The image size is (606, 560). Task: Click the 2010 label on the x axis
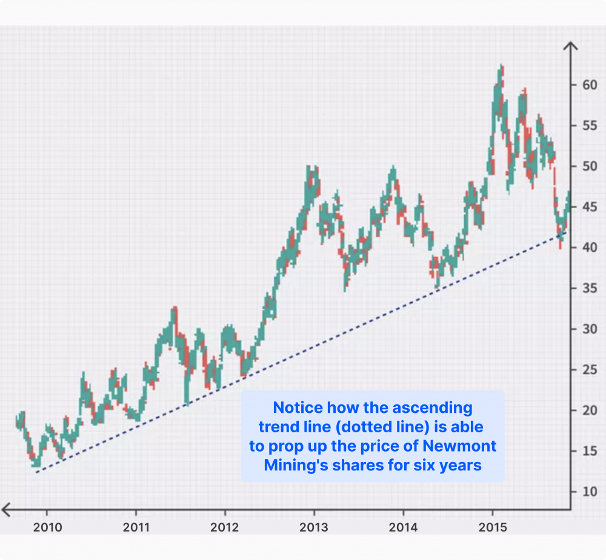click(x=48, y=527)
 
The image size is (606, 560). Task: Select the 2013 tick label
click(x=314, y=527)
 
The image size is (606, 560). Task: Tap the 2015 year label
click(x=493, y=527)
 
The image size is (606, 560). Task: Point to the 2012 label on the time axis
click(x=225, y=527)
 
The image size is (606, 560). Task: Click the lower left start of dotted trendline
click(x=36, y=472)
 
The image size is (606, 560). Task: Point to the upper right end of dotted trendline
click(x=567, y=231)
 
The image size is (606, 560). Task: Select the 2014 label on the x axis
click(x=403, y=527)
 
